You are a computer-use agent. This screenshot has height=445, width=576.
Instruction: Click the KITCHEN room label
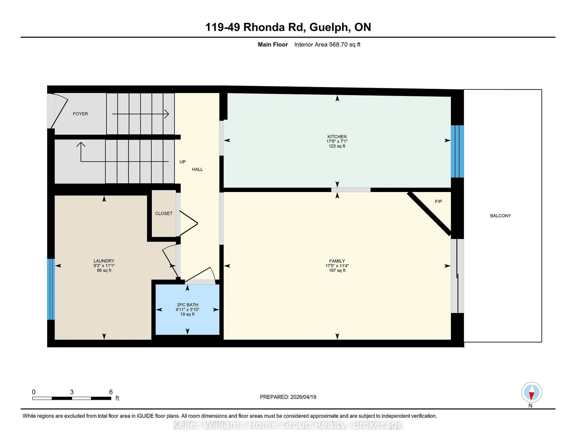tap(337, 137)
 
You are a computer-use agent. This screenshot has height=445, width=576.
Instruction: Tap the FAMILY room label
tap(337, 261)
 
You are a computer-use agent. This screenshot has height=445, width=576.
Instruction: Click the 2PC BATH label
tap(187, 305)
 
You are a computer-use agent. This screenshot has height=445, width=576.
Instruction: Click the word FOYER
tap(80, 114)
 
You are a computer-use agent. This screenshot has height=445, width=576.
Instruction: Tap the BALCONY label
tap(500, 216)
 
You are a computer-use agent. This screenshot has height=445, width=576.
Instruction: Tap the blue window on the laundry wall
tap(51, 289)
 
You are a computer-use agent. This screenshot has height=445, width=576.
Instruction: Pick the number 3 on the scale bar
tap(72, 392)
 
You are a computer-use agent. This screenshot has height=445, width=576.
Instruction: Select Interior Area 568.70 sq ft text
tap(327, 45)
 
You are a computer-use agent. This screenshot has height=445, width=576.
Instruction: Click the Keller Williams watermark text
tap(288, 425)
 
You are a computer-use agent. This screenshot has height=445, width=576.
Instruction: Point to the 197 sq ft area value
tap(337, 270)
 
